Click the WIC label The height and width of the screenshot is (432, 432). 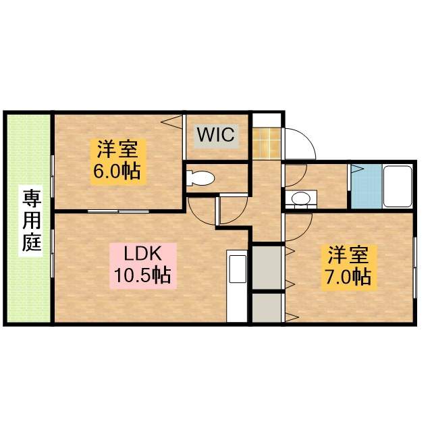click(216, 134)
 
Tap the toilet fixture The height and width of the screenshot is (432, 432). click(200, 178)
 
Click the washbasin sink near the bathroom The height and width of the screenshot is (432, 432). click(300, 198)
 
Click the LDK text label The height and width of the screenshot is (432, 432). click(143, 254)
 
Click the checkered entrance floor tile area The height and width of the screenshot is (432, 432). click(265, 140)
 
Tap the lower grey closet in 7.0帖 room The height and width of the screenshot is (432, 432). click(267, 307)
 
